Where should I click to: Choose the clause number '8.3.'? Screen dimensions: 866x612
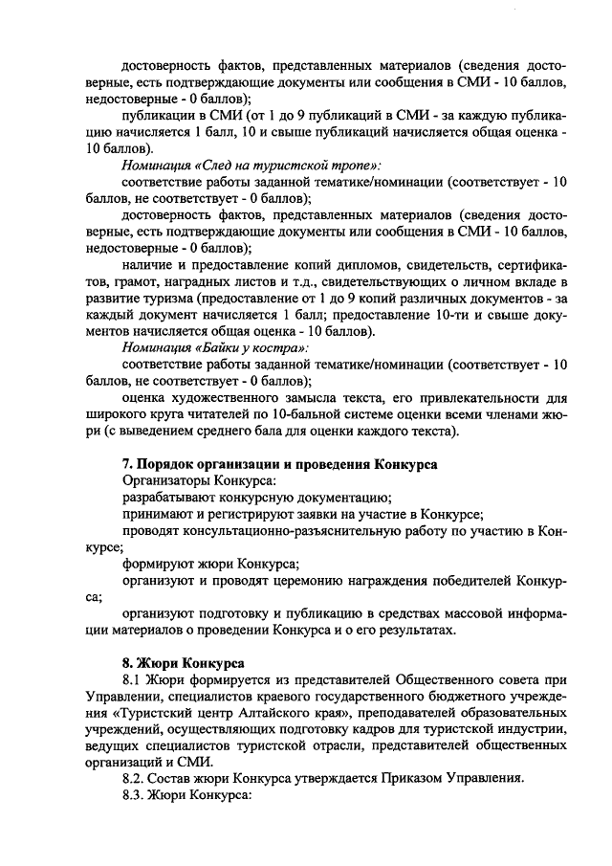pyautogui.click(x=139, y=795)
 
